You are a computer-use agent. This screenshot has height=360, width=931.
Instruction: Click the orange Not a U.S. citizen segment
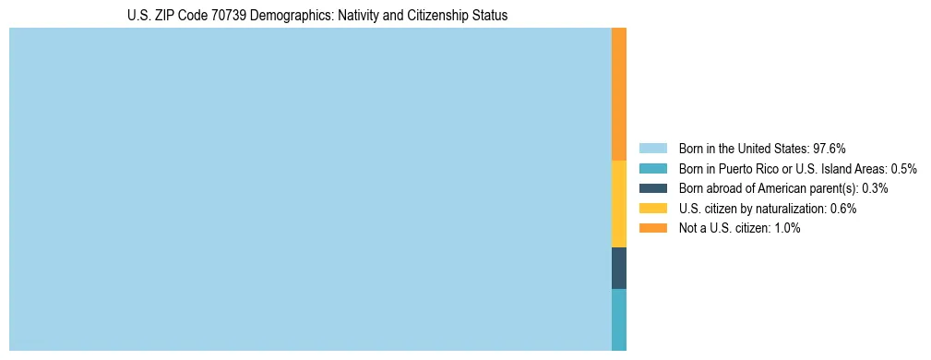pos(619,94)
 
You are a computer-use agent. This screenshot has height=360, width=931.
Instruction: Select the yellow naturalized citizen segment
pos(619,204)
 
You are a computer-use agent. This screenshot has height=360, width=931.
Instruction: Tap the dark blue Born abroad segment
pos(619,268)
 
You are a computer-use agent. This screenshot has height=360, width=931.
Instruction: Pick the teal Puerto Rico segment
pos(619,319)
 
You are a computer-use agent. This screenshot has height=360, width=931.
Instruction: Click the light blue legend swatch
pos(652,149)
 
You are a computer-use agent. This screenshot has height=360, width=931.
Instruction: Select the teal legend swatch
pos(652,169)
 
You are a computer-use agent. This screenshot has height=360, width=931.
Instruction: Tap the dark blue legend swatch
pos(652,188)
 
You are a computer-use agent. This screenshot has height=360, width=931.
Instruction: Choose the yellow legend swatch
pos(652,209)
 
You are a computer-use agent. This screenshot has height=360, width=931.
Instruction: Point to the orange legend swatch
pos(652,228)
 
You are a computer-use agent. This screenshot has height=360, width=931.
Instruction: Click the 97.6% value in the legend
pos(830,149)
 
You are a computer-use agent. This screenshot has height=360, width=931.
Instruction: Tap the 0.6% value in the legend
pos(843,209)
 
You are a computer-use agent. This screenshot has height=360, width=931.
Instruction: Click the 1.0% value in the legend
pos(787,228)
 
